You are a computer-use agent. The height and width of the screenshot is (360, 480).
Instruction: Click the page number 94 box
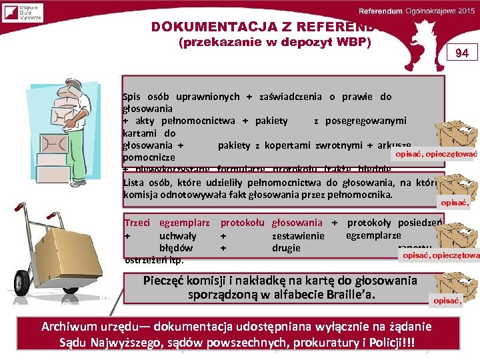(462, 52)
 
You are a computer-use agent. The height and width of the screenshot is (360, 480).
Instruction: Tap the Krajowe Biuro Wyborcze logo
(23, 13)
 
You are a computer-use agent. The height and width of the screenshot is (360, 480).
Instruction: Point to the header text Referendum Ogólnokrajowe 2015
(416, 11)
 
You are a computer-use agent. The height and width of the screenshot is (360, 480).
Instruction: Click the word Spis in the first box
(133, 97)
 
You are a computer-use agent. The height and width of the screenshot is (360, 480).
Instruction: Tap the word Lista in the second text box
(136, 183)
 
